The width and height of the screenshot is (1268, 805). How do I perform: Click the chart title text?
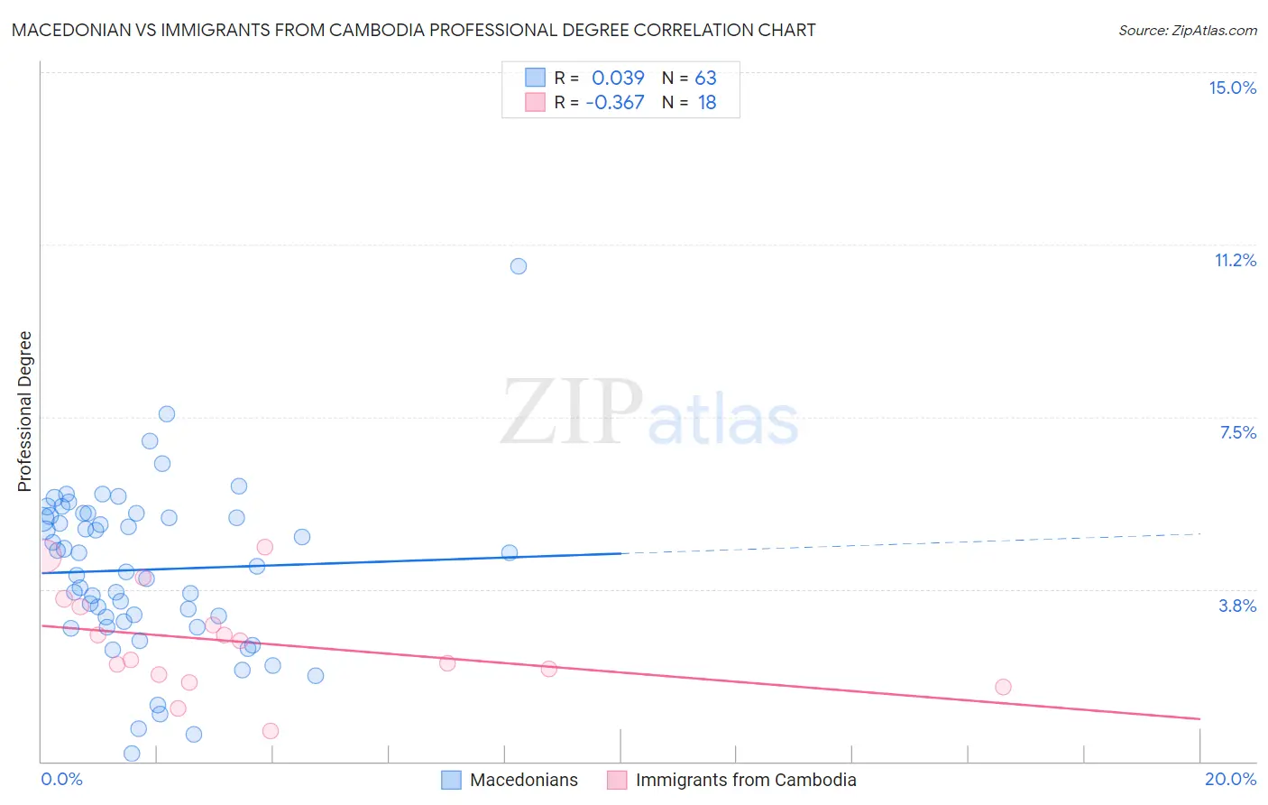coord(413,30)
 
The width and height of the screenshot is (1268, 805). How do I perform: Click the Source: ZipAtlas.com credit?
coord(1187,30)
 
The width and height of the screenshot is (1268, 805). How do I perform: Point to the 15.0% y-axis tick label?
coord(1232,88)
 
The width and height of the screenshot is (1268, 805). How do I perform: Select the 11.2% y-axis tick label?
coord(1235,260)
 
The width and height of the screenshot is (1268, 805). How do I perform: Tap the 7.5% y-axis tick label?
coord(1237,432)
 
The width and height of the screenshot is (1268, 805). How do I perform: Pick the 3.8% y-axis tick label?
coord(1237,606)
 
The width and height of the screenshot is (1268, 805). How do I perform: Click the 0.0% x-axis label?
coord(61,779)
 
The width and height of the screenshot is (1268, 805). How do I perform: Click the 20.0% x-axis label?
coord(1230,779)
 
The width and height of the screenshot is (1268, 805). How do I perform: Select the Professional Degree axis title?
coord(24,412)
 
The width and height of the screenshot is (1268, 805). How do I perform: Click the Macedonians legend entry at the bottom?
coord(523,780)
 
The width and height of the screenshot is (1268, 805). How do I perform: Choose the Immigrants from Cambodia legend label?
coord(745,780)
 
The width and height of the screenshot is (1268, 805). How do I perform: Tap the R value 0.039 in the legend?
coord(618,78)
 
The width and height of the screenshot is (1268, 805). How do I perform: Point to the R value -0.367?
coord(615,103)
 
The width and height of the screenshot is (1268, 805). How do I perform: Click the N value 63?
coord(705,78)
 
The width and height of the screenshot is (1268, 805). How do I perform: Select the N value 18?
coord(707,103)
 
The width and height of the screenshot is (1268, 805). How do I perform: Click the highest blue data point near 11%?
coord(519,266)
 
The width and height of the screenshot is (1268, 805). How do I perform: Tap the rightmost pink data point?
coord(1003,687)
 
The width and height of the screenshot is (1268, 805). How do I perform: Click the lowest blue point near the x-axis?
coord(132,753)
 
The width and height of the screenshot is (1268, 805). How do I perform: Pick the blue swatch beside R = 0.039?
coord(536,78)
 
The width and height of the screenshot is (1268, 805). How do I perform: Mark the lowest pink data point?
coord(271,731)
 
